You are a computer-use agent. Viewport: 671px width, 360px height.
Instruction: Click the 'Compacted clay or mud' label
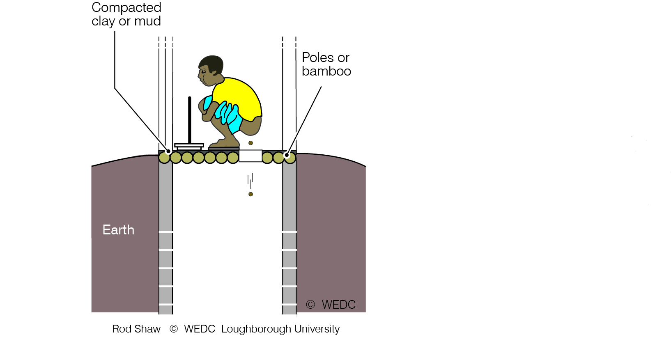(126, 14)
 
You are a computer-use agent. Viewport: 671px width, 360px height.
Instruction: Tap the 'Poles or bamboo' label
(326, 64)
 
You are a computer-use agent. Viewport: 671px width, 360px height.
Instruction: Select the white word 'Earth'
(118, 230)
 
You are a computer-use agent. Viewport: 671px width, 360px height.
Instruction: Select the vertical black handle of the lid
(190, 120)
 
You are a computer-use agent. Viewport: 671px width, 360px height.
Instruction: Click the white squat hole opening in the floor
(250, 156)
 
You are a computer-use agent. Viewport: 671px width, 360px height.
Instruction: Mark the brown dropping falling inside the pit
(251, 195)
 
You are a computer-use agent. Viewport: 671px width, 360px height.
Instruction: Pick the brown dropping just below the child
(251, 143)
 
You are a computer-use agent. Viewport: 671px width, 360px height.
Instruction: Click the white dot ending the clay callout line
(168, 151)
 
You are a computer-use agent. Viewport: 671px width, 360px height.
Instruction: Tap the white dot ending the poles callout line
(287, 155)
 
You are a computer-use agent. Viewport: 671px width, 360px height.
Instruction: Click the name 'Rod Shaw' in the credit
(136, 329)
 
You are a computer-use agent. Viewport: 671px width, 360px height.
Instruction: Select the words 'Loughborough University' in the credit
(280, 329)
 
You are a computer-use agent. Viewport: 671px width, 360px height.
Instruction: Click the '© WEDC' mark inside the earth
(331, 305)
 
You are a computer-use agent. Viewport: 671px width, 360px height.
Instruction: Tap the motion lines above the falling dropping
(250, 181)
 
